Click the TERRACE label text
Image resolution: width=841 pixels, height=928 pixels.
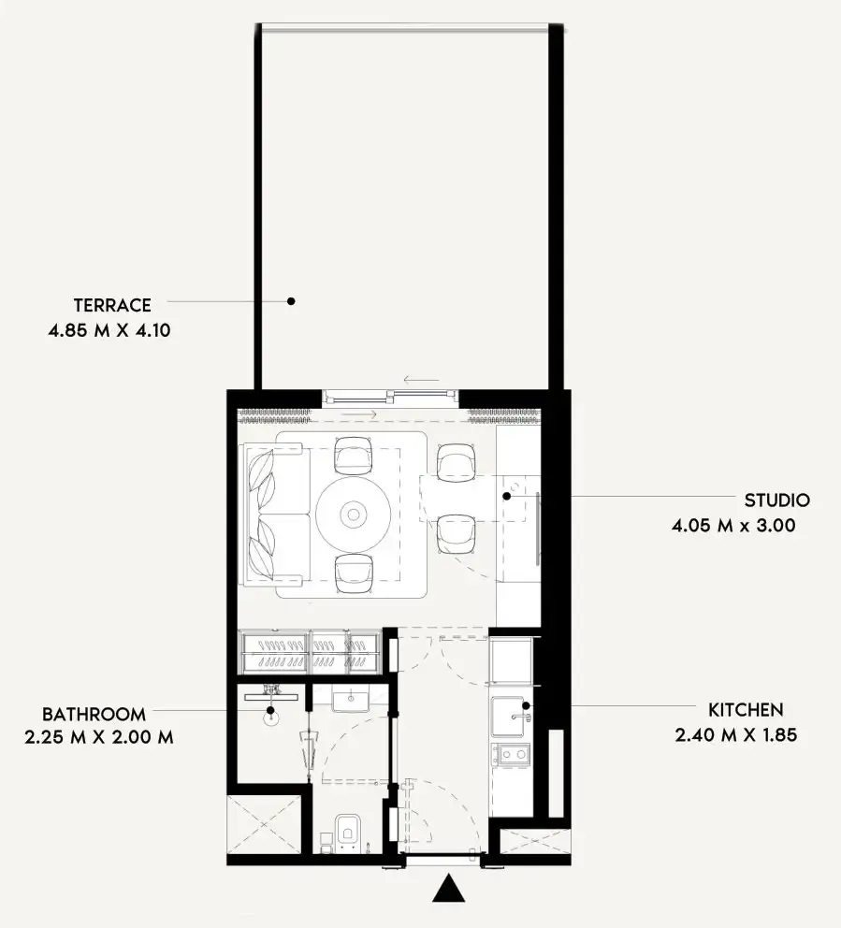(112, 305)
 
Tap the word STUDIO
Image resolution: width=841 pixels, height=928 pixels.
(776, 500)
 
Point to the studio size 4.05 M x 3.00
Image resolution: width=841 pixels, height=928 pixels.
(732, 526)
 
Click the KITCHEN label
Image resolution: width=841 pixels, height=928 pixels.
(746, 710)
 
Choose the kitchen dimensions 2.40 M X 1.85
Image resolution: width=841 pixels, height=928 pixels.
(735, 735)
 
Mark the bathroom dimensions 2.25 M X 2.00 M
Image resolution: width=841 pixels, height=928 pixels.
(99, 737)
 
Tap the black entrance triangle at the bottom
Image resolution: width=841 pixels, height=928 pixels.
(449, 889)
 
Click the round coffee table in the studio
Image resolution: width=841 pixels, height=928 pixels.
(353, 513)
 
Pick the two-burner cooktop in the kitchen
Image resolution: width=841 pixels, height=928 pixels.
(512, 753)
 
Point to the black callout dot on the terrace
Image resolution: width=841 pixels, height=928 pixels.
(291, 301)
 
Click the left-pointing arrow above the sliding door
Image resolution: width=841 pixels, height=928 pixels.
(420, 381)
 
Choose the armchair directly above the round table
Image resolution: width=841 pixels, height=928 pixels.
(354, 457)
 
